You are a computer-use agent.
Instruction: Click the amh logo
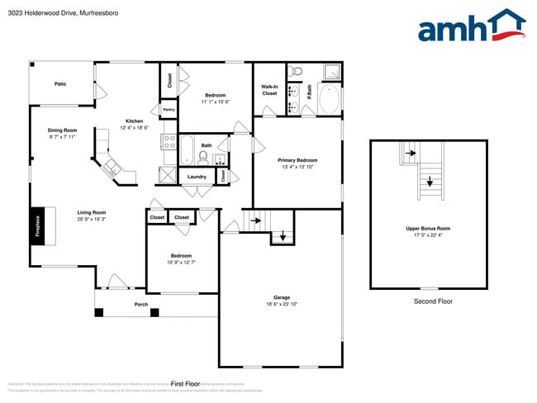point(471,26)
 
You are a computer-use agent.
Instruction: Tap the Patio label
point(60,83)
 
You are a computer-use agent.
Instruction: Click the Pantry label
point(168,109)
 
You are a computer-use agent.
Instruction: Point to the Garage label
point(282,297)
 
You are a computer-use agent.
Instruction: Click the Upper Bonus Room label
point(427,228)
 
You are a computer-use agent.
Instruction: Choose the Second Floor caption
point(433,301)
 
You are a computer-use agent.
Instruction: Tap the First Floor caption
point(185,383)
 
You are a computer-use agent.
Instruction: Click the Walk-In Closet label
point(269,90)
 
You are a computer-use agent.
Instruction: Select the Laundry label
point(197,176)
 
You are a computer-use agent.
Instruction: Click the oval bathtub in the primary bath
point(328,99)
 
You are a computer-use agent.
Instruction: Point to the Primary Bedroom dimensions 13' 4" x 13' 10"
point(297,167)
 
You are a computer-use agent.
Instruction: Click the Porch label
point(141,304)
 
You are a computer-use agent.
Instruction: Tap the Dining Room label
point(62,130)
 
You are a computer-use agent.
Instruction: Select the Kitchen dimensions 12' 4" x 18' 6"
point(134,128)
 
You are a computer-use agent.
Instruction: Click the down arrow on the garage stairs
point(283,236)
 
